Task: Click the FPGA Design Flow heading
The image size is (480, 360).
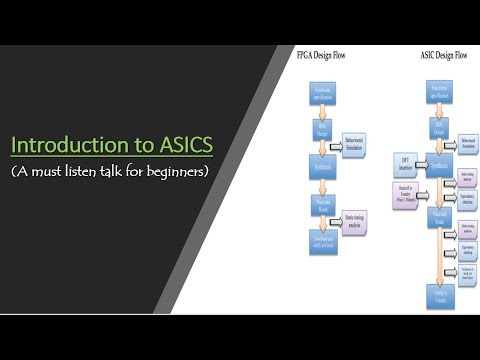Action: click(323, 55)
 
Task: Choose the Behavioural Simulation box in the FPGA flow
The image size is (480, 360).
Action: click(358, 148)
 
